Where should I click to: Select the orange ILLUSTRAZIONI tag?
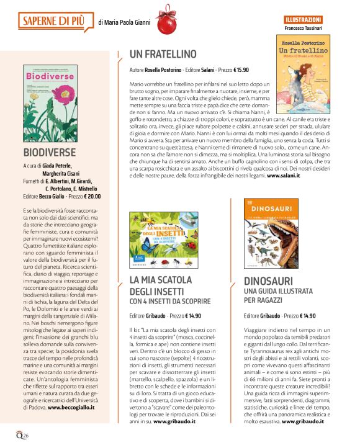pos(304,20)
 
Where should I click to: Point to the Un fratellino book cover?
pos(307,68)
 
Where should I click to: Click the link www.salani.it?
pos(283,176)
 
